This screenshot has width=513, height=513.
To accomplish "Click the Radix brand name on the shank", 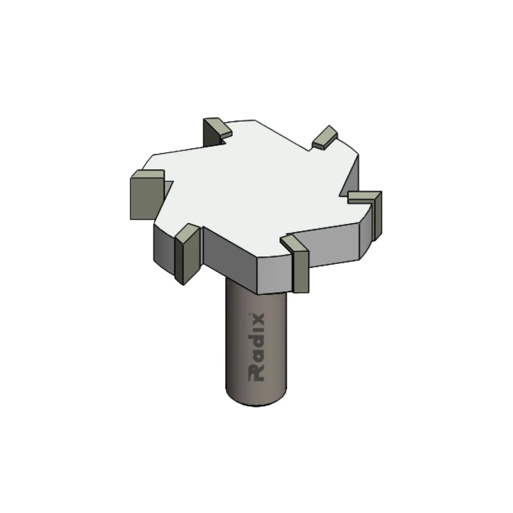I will pyautogui.click(x=256, y=347).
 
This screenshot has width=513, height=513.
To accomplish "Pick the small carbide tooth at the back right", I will pyautogui.click(x=325, y=137).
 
